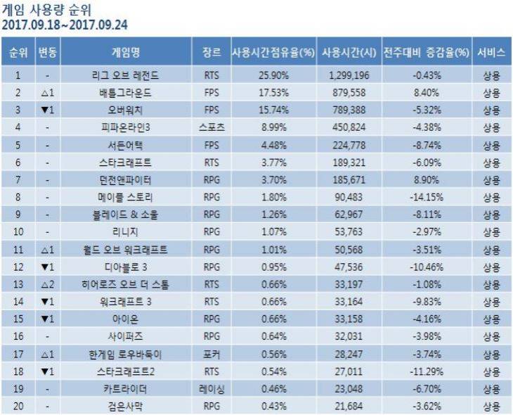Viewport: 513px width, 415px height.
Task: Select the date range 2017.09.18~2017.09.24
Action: coord(64,25)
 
